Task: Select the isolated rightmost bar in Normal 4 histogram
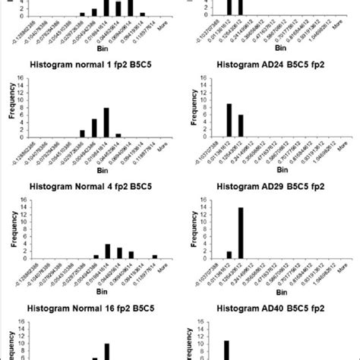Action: point(155,257)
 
